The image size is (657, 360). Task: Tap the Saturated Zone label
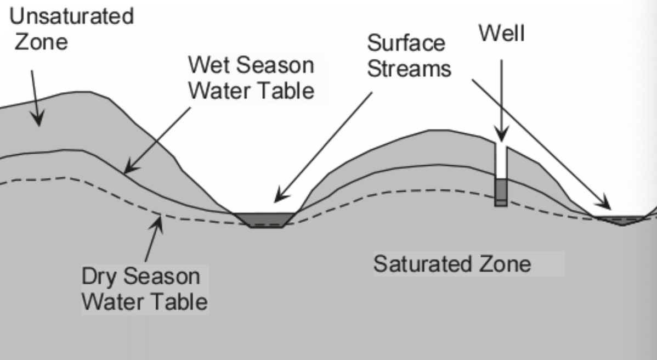452,264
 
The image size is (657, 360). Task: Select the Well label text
502,34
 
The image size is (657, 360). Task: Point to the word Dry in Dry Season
100,277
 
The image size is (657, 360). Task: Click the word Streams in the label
409,69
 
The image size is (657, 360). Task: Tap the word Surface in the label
406,43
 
